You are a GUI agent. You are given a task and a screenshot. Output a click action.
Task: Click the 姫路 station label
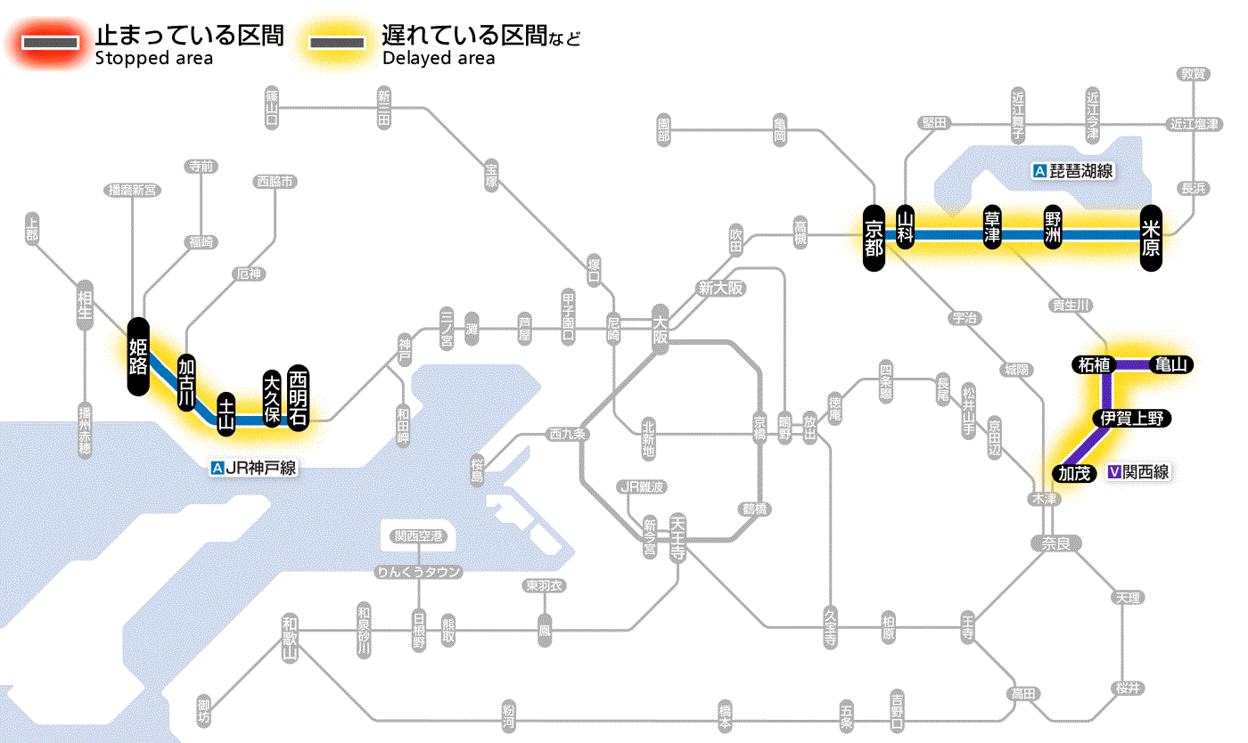[x=138, y=356]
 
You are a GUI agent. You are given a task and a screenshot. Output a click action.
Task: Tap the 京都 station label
[x=874, y=236]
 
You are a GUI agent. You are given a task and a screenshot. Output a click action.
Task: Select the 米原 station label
[x=1151, y=236]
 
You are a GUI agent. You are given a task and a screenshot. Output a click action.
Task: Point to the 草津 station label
[x=992, y=228]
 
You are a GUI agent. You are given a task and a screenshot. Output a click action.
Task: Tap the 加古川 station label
[x=186, y=383]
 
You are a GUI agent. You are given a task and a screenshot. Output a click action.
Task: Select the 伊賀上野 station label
[x=1131, y=418]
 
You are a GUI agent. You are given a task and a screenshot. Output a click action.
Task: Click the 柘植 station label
[x=1093, y=364]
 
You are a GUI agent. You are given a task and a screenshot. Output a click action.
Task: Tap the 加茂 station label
[x=1073, y=473]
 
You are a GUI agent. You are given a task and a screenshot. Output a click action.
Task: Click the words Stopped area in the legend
[x=153, y=59]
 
